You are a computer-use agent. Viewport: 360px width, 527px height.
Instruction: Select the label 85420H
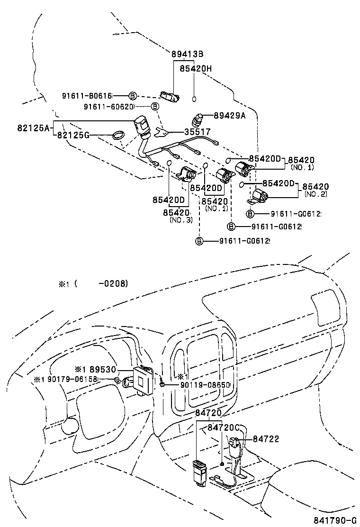(195, 69)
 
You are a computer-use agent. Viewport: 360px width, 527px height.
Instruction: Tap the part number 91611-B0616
(87, 95)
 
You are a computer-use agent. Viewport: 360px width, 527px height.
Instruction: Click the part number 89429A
(229, 115)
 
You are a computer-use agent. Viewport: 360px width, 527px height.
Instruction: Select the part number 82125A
(34, 127)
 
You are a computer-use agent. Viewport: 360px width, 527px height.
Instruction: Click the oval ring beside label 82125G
(118, 136)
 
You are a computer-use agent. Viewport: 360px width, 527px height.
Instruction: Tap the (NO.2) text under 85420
(315, 194)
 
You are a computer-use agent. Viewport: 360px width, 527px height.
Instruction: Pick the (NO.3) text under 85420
(180, 220)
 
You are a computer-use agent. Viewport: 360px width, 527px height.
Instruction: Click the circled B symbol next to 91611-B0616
(133, 95)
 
